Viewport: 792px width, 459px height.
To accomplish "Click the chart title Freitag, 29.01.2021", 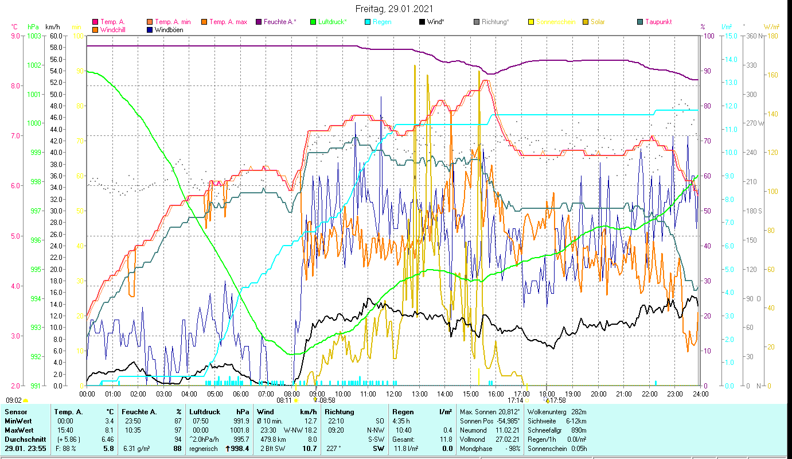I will click(394, 9).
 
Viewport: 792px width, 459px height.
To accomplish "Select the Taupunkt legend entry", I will click(658, 22).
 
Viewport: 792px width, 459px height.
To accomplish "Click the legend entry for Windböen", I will click(169, 30).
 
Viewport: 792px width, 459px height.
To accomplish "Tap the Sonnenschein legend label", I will click(555, 22).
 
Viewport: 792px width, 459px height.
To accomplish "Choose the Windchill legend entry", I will click(115, 30).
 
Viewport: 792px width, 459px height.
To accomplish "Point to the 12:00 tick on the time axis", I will click(393, 394).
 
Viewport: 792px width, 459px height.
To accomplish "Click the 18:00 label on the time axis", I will click(547, 394).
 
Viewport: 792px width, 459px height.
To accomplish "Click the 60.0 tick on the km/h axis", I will click(56, 36).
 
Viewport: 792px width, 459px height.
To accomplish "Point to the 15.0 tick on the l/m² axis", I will click(728, 36).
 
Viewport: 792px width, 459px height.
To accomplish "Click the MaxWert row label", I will click(19, 430).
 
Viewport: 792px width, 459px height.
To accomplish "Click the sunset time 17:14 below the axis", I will click(516, 400).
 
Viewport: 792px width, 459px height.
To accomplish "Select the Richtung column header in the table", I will click(340, 411).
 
